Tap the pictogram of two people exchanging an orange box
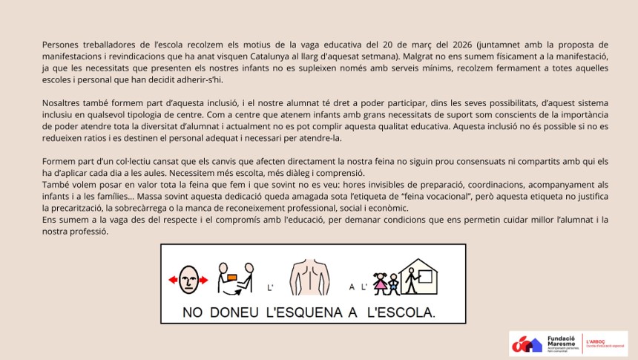[235, 275]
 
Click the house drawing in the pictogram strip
[418, 278]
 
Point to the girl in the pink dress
[381, 283]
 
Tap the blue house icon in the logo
[535, 344]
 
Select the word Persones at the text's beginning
[62, 45]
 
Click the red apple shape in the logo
[521, 344]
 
